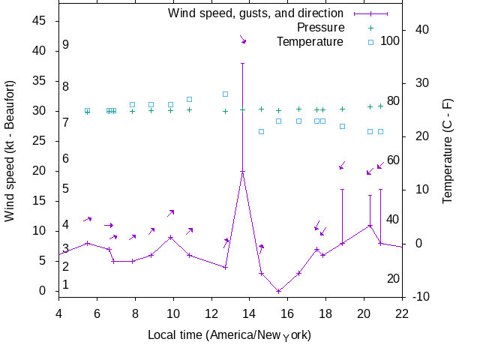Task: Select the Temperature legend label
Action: point(310,41)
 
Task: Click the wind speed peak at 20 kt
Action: point(242,171)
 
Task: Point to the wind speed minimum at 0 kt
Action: point(278,291)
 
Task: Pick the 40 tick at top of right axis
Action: point(421,29)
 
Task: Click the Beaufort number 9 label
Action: point(66,45)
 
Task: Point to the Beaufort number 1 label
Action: point(66,284)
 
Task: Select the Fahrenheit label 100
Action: point(391,40)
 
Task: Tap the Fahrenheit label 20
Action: point(393,279)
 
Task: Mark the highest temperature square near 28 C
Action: point(225,94)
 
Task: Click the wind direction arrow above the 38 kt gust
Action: point(242,38)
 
